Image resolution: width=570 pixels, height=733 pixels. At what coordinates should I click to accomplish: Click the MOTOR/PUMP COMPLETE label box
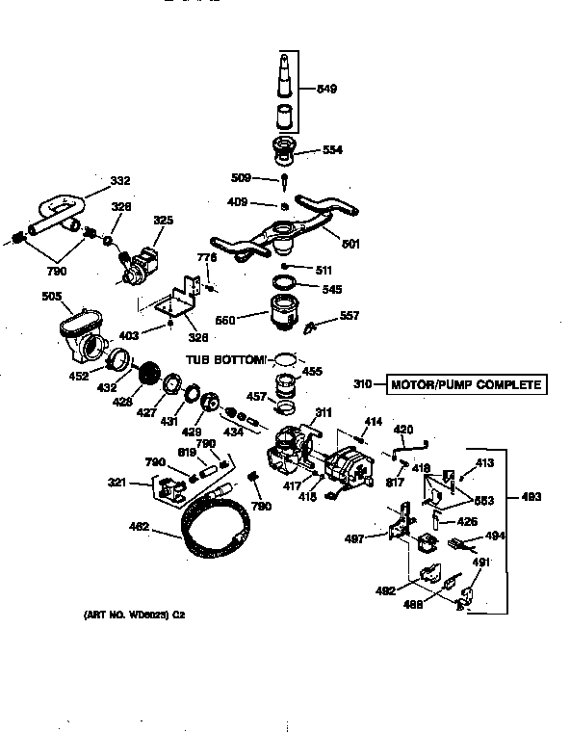(466, 386)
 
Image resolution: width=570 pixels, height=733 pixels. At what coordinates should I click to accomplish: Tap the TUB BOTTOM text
(225, 359)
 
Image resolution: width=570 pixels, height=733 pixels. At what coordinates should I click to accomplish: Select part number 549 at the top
(328, 90)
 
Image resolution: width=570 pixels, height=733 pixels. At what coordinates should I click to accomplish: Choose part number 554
(332, 150)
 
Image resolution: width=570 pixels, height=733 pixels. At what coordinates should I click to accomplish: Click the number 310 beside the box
(363, 386)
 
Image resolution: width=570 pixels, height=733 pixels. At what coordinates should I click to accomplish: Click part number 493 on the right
(530, 497)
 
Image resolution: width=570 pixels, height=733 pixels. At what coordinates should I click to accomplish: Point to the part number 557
(349, 315)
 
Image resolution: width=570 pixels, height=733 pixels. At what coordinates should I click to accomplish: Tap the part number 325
(164, 221)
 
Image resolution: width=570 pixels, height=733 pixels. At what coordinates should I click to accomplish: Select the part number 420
(404, 429)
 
